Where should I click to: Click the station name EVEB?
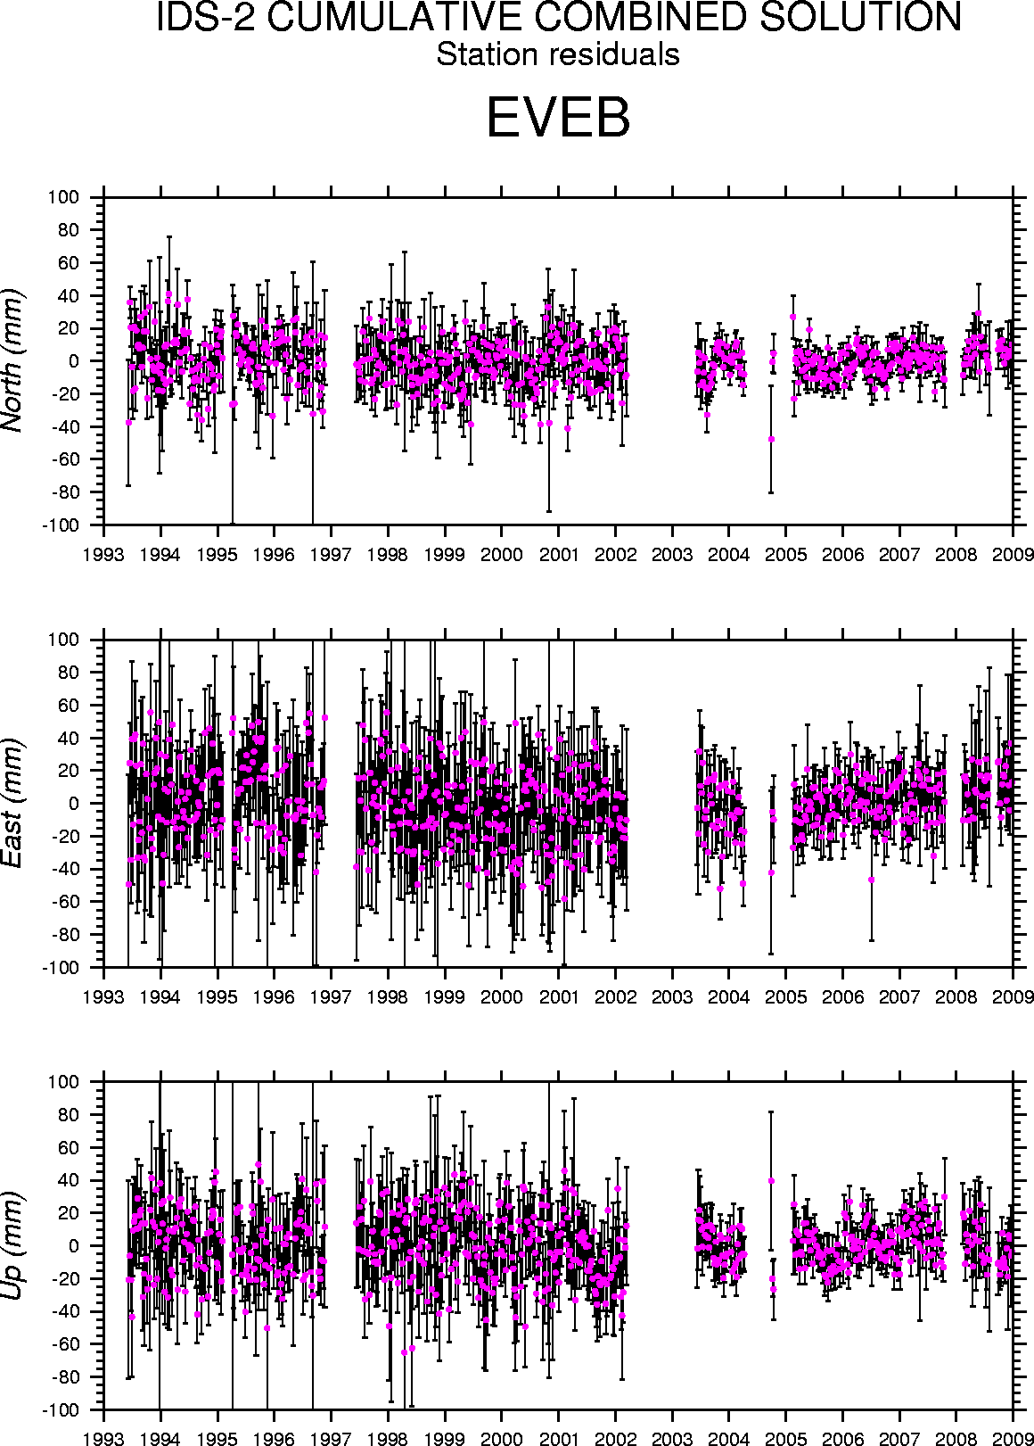click(558, 119)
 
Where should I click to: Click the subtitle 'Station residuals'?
click(558, 55)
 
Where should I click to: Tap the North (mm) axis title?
click(13, 360)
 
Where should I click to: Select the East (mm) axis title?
click(13, 803)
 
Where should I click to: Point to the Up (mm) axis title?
click(13, 1246)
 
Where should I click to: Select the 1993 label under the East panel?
click(104, 996)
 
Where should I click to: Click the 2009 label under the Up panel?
click(1013, 1439)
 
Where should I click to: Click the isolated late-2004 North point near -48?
click(771, 439)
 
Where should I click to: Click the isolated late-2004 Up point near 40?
click(771, 1181)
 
